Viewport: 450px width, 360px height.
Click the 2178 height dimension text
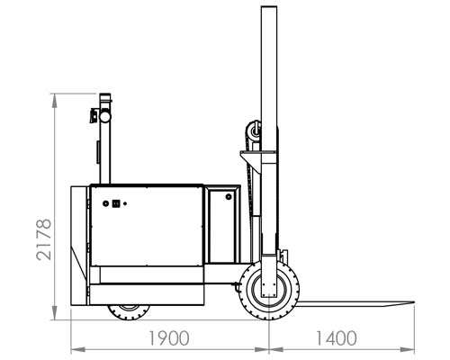click(44, 239)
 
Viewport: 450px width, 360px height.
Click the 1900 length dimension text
click(169, 338)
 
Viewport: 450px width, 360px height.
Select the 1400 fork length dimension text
click(337, 338)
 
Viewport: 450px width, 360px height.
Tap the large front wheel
click(269, 290)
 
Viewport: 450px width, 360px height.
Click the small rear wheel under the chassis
click(129, 312)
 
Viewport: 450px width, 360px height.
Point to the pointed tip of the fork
click(414, 302)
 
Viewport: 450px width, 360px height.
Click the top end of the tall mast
click(269, 6)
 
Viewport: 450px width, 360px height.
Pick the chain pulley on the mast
click(254, 131)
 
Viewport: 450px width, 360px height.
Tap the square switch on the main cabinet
click(116, 203)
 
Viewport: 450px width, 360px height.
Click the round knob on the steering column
click(105, 116)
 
